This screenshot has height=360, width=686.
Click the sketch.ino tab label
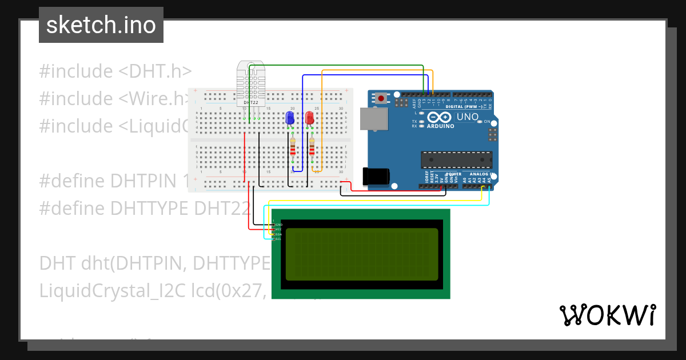click(101, 25)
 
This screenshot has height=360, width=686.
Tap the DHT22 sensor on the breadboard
click(251, 86)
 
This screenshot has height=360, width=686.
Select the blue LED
click(290, 118)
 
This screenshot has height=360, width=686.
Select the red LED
click(309, 118)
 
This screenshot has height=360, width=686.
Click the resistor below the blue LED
click(293, 147)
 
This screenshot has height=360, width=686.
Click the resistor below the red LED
click(312, 147)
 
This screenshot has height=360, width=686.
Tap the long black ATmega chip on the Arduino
click(456, 160)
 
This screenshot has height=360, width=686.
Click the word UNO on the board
click(467, 117)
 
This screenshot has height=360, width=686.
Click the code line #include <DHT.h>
click(115, 71)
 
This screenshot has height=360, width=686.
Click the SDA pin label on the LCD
click(278, 234)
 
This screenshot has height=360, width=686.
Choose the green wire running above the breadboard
click(337, 66)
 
